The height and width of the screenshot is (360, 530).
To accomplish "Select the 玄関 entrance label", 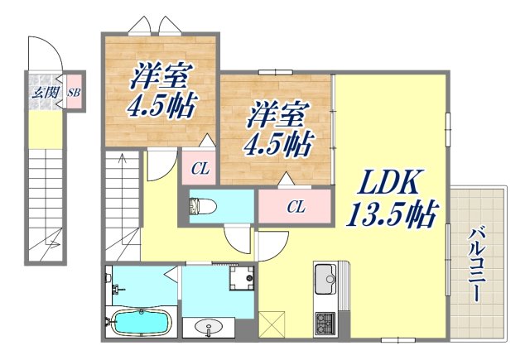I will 44,92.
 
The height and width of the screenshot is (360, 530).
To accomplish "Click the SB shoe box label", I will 73,93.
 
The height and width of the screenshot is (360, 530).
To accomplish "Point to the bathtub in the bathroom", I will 139,322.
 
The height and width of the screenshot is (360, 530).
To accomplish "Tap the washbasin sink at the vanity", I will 207,329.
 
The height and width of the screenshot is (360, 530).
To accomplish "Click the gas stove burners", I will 323,322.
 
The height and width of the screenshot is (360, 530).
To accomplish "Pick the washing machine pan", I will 242,280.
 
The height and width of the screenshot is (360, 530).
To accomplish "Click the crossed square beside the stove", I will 270,322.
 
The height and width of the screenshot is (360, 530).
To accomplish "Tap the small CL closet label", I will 200,170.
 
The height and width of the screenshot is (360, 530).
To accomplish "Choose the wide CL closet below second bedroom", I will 296,207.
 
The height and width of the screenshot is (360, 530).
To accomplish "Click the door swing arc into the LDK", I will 271,245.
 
